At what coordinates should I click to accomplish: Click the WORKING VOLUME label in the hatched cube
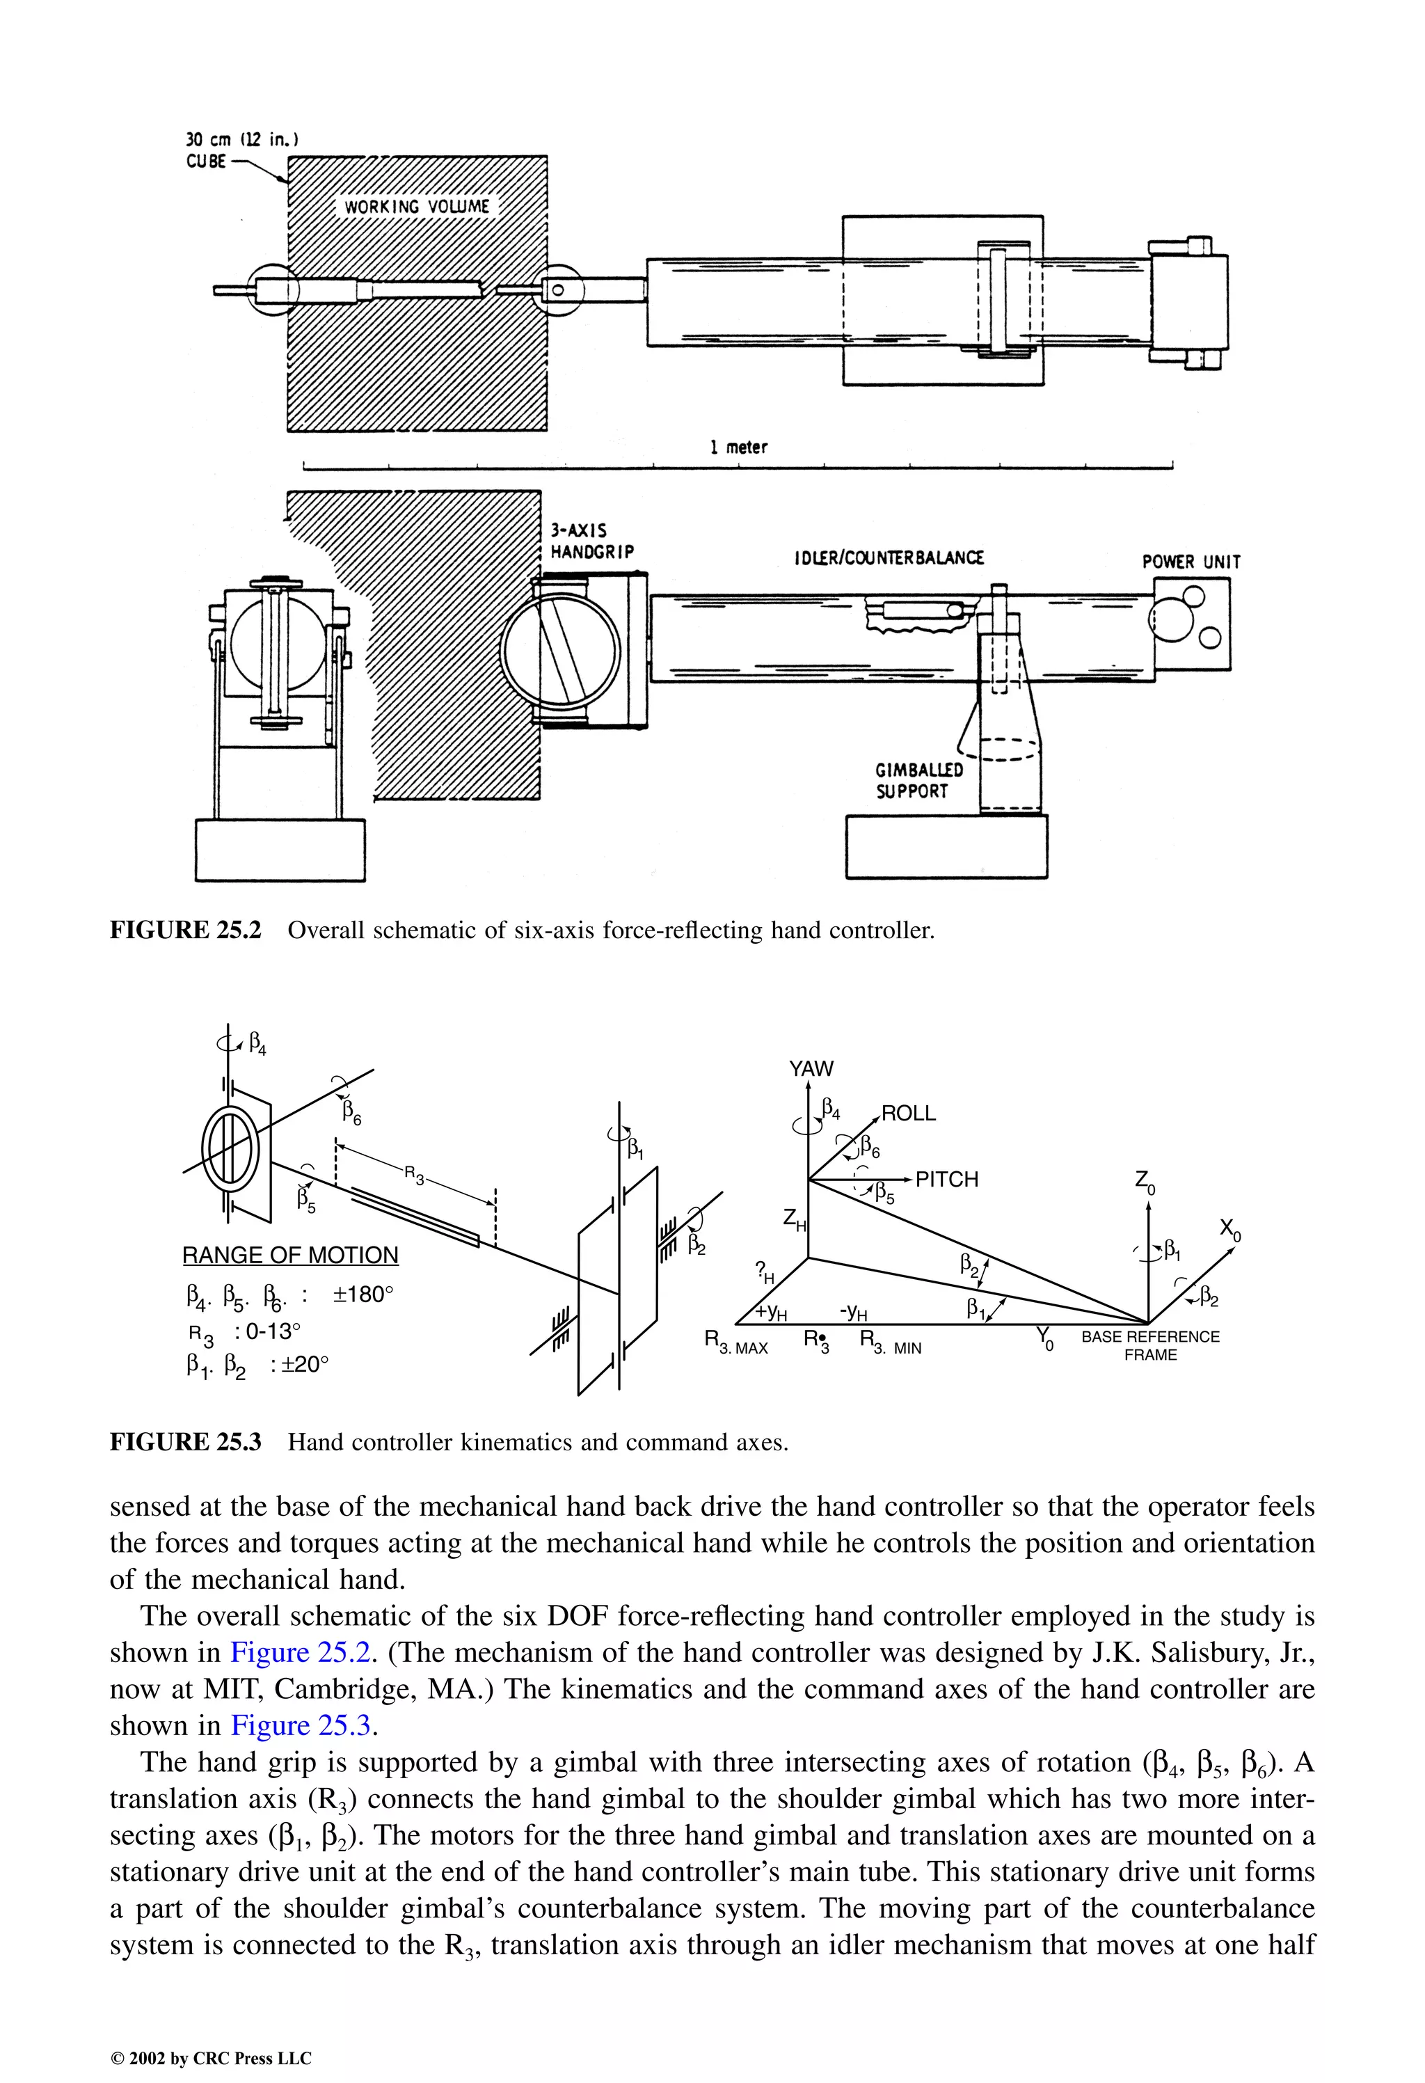417,207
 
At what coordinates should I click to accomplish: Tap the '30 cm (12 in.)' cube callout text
241,140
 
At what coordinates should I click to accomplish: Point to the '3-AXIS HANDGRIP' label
591,542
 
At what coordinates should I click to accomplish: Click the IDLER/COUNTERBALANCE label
888,558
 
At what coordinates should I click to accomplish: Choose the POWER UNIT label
1191,562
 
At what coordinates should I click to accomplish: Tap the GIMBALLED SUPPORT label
918,781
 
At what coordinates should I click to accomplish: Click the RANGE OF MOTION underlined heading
290,1255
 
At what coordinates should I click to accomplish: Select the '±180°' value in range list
363,1294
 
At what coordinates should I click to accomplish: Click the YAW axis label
811,1068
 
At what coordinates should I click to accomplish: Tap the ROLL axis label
908,1114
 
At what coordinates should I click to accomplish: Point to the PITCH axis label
946,1180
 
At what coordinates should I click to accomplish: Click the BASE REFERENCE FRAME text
1150,1345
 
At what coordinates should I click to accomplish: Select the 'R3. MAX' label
735,1343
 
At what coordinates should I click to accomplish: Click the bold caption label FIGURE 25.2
186,930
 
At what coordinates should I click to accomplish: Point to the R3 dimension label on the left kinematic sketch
413,1175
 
